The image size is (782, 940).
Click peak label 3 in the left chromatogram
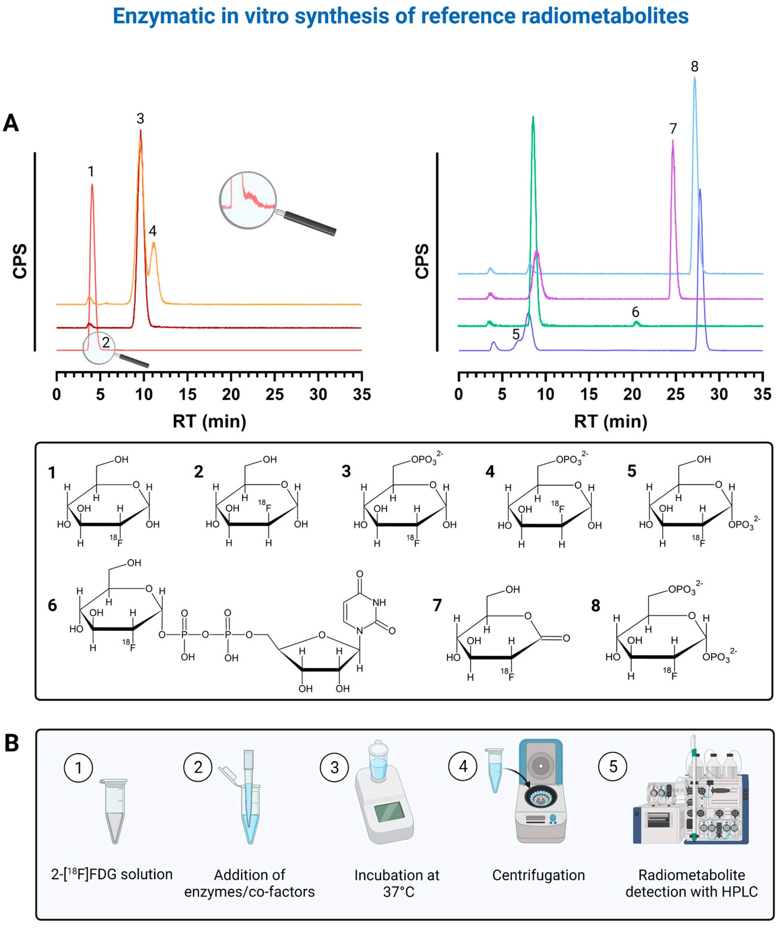(140, 119)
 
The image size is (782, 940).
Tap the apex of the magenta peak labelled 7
(672, 142)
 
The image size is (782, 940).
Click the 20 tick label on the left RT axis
(231, 394)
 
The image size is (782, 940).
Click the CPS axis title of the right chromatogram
(422, 262)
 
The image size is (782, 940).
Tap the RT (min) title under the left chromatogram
(209, 421)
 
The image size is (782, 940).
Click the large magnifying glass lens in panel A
(248, 200)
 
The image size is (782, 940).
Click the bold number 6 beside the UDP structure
(52, 605)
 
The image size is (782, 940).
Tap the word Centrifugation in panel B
(538, 875)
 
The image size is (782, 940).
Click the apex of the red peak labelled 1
(92, 184)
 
